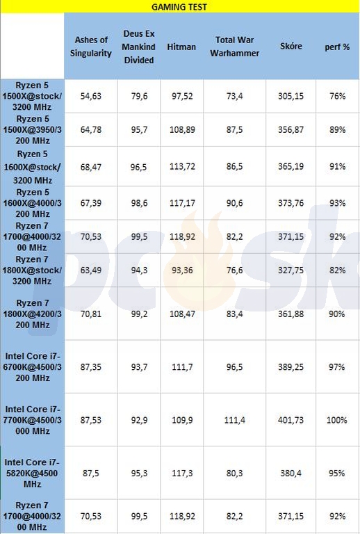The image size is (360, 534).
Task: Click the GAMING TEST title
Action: (x=179, y=7)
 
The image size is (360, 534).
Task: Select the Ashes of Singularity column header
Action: (x=91, y=47)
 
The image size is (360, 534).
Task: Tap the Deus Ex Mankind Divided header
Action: (x=139, y=47)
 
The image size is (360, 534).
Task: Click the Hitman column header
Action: (x=181, y=47)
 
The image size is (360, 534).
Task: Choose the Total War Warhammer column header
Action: (x=234, y=47)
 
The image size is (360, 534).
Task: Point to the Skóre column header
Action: (x=291, y=46)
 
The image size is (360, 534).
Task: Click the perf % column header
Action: (x=337, y=47)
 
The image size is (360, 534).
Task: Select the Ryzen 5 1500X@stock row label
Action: (x=32, y=96)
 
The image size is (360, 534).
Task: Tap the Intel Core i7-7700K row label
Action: (x=33, y=420)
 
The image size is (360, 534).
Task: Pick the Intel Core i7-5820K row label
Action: (x=32, y=473)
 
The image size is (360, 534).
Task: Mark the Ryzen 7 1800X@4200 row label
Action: (x=33, y=314)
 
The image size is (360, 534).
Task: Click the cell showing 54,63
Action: (x=91, y=96)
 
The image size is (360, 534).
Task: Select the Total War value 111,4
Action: (x=234, y=420)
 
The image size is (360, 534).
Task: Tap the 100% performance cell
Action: (x=337, y=420)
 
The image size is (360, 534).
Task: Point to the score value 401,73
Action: (x=291, y=420)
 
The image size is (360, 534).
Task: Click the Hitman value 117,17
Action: (x=182, y=203)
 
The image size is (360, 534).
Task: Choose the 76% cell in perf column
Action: (x=337, y=96)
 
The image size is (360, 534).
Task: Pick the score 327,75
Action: (x=291, y=270)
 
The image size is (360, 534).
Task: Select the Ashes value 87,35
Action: (x=91, y=367)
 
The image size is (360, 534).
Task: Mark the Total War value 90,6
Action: (x=234, y=203)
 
